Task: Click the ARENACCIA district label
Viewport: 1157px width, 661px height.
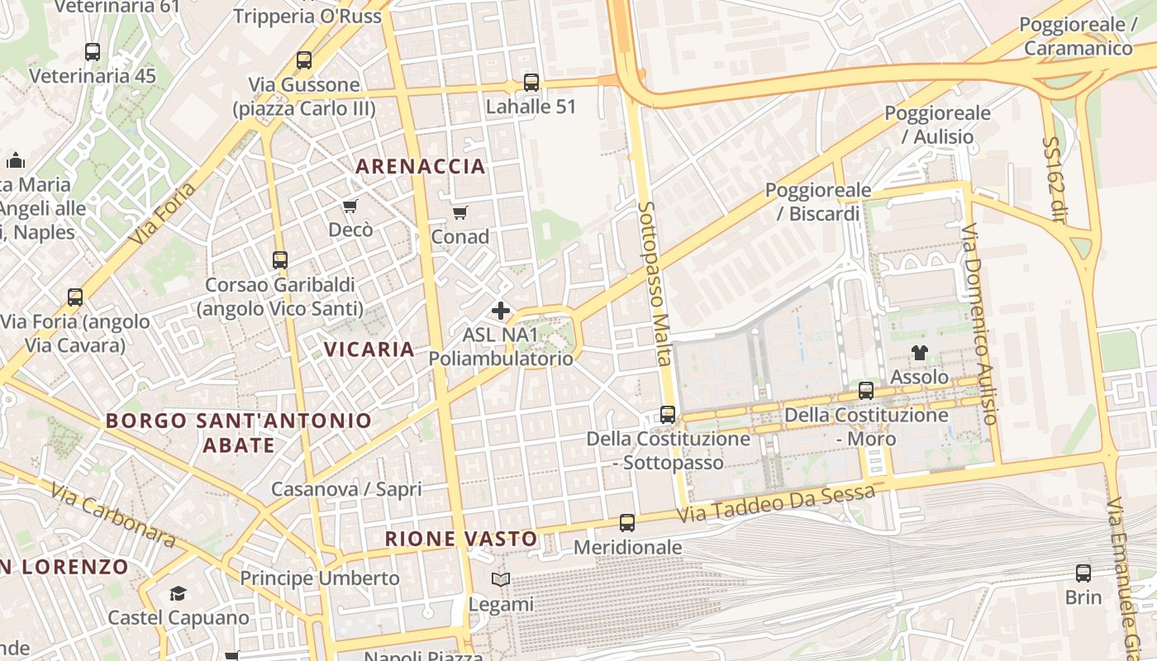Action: pos(420,166)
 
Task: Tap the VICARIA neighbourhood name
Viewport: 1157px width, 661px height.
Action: pos(369,349)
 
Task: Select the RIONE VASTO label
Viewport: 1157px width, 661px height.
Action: pos(461,539)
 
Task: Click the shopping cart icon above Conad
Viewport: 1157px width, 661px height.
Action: pos(460,212)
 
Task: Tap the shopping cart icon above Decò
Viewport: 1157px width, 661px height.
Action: pos(350,206)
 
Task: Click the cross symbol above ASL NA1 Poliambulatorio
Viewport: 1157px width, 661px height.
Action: pos(501,311)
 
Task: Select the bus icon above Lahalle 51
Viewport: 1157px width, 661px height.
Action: pos(531,83)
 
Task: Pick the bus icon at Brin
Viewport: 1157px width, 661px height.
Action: pos(1083,573)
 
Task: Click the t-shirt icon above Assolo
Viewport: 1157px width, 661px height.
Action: pos(920,353)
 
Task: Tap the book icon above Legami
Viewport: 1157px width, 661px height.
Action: pos(501,579)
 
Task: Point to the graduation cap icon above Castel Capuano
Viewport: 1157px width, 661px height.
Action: pos(179,593)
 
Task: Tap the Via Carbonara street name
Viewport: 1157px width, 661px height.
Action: pos(112,516)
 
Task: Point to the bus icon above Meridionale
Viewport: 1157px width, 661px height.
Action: pos(627,523)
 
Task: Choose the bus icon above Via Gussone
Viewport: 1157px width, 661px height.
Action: pos(304,60)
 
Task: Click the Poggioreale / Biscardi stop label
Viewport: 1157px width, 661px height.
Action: pos(818,202)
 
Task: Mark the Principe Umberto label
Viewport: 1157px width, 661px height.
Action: pos(320,578)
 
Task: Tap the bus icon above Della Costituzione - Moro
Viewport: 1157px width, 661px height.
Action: pos(866,391)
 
